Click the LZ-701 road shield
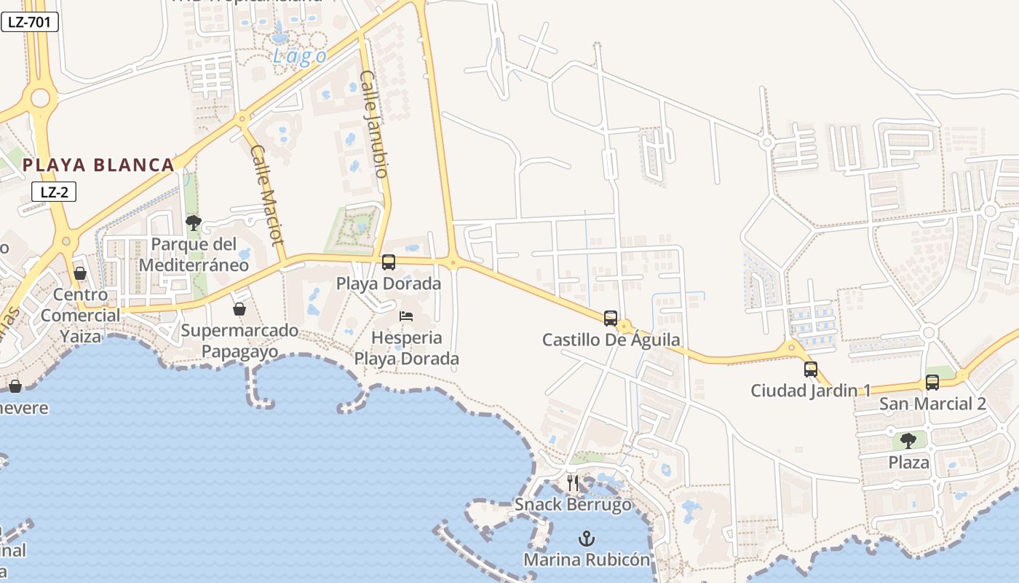tap(29, 22)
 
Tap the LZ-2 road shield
tap(54, 192)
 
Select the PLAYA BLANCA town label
tap(98, 165)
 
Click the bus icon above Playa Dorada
tap(389, 262)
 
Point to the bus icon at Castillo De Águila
tap(611, 318)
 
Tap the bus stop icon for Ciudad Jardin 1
tap(811, 369)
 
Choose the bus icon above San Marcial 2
tap(932, 382)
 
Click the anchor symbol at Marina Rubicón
tap(586, 539)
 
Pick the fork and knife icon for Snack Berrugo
tap(573, 482)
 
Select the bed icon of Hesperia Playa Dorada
tap(406, 316)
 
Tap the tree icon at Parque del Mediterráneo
tap(193, 222)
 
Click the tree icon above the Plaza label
tap(908, 440)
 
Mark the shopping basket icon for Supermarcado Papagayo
tap(239, 309)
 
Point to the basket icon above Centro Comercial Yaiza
tap(80, 273)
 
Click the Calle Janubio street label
tap(374, 124)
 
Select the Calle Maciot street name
tap(266, 195)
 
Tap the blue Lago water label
tap(299, 56)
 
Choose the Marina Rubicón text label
tap(586, 560)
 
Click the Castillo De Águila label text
tap(611, 340)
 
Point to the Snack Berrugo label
tap(573, 504)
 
